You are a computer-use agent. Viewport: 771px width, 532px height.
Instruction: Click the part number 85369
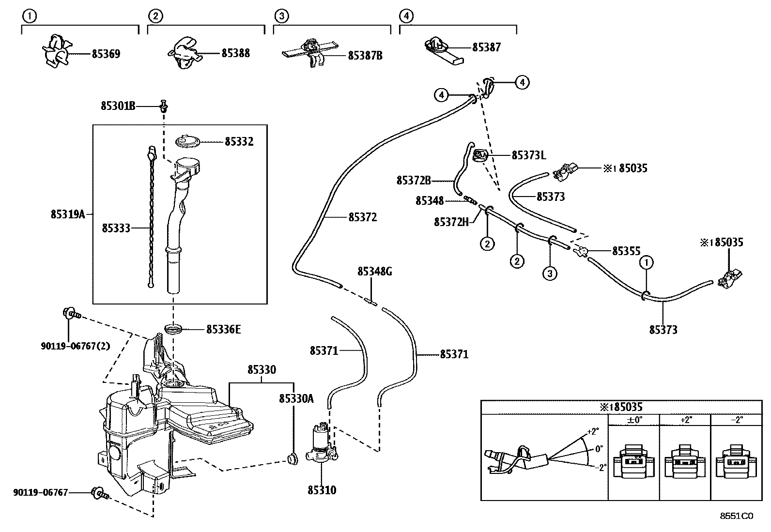coord(106,54)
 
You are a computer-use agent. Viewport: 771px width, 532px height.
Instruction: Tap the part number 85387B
coord(365,56)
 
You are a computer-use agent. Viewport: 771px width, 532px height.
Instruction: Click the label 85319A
coord(67,214)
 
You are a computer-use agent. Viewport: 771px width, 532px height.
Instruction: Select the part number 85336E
coord(223,330)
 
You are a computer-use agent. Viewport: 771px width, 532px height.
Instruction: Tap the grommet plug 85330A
coord(292,457)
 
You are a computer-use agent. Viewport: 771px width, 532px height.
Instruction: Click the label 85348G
coord(374,272)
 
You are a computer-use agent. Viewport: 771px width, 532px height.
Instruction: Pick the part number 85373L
coord(528,155)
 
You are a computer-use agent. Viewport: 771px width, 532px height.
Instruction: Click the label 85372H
coord(451,222)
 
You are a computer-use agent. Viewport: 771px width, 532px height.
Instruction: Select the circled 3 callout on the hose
coord(550,274)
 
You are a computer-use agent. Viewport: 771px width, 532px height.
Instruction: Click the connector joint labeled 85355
coord(580,251)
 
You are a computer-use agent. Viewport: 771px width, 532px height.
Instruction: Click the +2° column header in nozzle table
coord(685,420)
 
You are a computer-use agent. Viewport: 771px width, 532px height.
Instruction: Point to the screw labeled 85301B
coord(164,105)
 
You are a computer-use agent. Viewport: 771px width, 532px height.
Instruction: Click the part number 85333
coord(116,228)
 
